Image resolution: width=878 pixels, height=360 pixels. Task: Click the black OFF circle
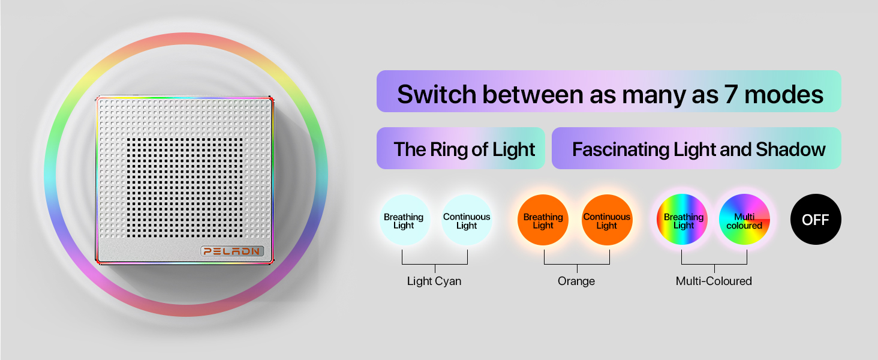816,219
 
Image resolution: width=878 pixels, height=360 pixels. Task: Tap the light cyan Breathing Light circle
404,220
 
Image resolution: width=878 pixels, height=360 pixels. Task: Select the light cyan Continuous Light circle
467,220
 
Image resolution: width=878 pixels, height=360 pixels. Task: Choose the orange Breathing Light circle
543,220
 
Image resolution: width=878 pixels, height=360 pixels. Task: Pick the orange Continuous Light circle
607,220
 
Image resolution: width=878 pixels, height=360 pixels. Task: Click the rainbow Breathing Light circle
682,219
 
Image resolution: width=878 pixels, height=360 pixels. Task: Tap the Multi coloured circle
744,219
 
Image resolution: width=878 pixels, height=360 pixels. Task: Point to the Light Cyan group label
434,281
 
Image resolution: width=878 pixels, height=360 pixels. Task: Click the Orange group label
576,281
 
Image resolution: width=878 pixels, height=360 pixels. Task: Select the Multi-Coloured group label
714,281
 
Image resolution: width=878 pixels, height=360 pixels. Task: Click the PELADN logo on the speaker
231,251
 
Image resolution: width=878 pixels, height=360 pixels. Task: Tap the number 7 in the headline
730,95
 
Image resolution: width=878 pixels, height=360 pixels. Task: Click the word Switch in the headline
437,95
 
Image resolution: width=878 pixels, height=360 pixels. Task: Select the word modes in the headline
783,95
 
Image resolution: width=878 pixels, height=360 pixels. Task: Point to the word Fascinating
621,149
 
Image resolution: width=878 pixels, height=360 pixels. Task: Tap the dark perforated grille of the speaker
185,188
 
